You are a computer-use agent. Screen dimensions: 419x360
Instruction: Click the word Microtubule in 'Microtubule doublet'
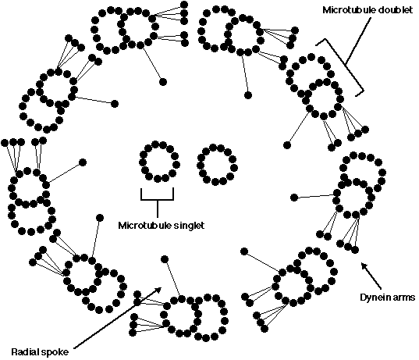(347, 10)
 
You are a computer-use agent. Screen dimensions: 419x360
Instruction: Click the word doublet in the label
(393, 10)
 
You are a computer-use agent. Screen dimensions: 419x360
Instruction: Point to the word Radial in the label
(24, 352)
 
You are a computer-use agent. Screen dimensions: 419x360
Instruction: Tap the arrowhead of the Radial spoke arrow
(158, 290)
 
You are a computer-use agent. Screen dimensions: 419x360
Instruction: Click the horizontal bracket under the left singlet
(158, 199)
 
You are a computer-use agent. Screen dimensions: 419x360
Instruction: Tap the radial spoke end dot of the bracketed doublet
(286, 145)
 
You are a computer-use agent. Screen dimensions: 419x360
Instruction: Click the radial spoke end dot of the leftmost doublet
(83, 162)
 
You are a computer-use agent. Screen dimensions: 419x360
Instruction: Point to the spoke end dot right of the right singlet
(294, 198)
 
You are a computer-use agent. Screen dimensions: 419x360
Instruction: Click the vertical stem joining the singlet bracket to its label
(158, 209)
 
